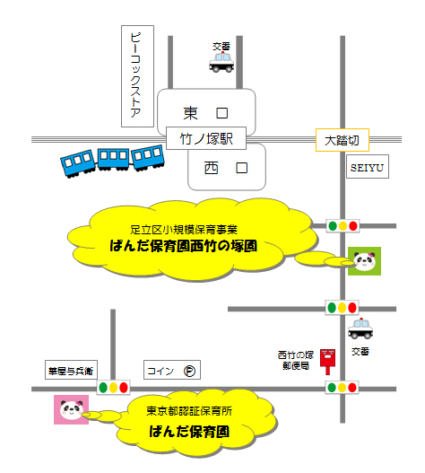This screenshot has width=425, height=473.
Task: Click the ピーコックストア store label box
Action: click(x=137, y=76)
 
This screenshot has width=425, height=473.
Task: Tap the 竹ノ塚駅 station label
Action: click(x=206, y=138)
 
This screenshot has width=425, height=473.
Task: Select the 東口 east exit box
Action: click(x=206, y=112)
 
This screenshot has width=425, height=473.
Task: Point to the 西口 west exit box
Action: click(x=227, y=167)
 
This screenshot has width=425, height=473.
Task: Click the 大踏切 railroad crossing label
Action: click(x=343, y=140)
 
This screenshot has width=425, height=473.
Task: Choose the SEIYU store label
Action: click(x=367, y=167)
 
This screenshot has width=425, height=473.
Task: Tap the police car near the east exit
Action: click(x=221, y=63)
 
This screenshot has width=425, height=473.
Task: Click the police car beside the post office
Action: click(x=360, y=328)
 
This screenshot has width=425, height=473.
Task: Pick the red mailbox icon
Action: click(x=327, y=362)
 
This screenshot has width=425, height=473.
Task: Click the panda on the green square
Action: click(x=364, y=261)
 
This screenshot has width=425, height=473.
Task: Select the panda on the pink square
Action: click(x=72, y=409)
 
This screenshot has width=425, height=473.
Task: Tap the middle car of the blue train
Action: click(x=113, y=159)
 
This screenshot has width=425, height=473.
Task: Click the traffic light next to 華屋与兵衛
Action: click(x=113, y=388)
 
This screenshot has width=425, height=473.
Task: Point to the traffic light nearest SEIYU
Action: click(x=343, y=225)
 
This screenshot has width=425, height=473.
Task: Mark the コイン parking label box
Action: click(x=172, y=370)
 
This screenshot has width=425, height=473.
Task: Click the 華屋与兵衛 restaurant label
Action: click(x=71, y=370)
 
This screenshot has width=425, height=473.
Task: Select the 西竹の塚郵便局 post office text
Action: click(x=296, y=360)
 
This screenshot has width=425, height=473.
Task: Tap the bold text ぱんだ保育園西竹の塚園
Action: click(x=183, y=246)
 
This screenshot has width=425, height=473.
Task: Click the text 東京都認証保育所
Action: click(x=189, y=411)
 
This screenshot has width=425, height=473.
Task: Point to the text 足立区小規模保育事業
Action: click(x=184, y=230)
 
